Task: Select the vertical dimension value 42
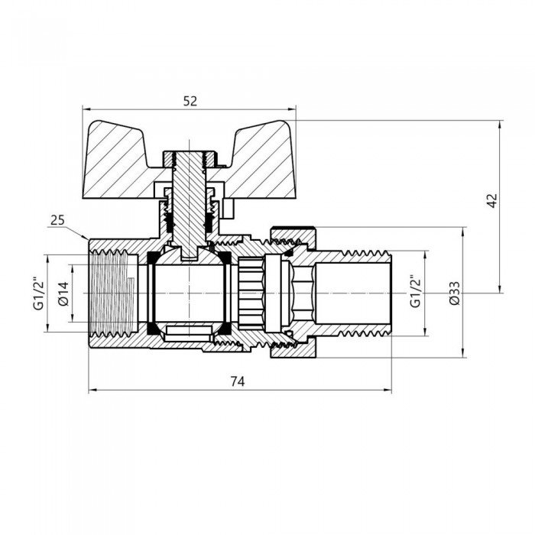[492, 201]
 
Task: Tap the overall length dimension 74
[240, 381]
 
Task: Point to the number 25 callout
[56, 221]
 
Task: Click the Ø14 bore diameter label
[64, 293]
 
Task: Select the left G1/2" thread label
[37, 293]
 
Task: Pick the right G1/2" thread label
[415, 292]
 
